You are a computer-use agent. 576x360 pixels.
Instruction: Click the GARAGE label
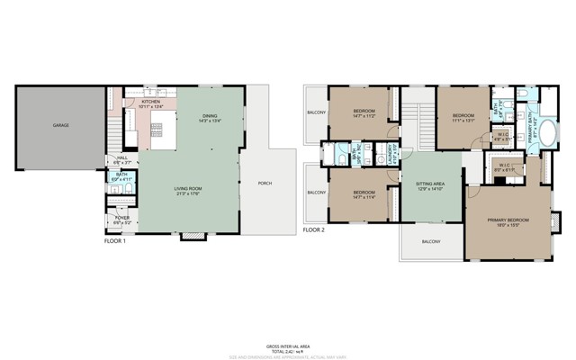point(60,125)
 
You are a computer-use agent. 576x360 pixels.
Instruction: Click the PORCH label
point(265,184)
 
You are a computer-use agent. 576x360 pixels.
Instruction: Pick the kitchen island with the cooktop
point(155,135)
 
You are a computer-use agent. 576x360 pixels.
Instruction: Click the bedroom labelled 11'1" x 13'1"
point(463,117)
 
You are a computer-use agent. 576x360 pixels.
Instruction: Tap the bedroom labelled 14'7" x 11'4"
point(364,194)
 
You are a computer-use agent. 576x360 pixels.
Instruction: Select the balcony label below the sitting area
point(432,242)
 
